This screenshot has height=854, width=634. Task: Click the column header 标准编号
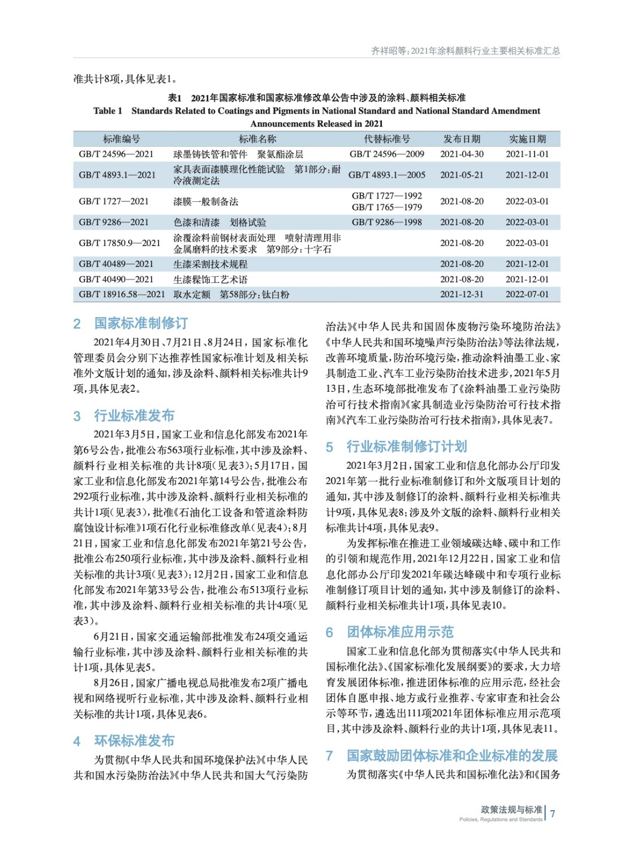(121, 139)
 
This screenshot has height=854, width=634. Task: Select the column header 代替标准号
(387, 139)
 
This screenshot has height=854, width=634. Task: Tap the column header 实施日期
(527, 139)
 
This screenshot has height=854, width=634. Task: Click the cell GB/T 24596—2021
(116, 154)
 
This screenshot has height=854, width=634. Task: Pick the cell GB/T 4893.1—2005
(387, 175)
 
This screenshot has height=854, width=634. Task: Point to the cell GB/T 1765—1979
(387, 207)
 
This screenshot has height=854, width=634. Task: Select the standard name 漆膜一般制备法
(206, 202)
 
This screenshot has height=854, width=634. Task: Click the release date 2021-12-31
(461, 295)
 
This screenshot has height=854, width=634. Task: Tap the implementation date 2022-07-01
(527, 295)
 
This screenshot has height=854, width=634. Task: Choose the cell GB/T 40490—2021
(116, 279)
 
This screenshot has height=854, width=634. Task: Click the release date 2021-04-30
(461, 154)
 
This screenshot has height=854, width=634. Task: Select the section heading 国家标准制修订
(141, 323)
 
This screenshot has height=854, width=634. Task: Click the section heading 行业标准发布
(134, 416)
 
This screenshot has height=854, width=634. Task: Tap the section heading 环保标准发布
(134, 741)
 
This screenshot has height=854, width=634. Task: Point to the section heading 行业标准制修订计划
(406, 447)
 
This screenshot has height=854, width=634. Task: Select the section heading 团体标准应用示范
(400, 632)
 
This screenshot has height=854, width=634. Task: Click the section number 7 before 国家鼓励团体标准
(330, 756)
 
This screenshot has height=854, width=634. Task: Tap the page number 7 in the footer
(553, 813)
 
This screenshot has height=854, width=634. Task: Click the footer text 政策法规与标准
(511, 810)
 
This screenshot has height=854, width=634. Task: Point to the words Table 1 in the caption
(107, 111)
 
